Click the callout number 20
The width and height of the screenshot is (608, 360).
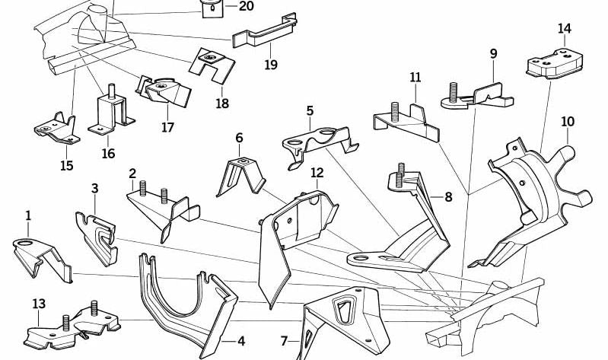pos(225,6)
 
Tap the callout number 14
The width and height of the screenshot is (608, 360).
pos(564,29)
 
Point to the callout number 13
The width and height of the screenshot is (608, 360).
pos(39,304)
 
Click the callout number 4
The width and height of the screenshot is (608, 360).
pos(240,340)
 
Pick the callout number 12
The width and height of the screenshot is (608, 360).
pos(317,173)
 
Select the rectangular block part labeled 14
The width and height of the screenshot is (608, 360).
pos(559,64)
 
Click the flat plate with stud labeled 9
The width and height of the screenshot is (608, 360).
pos(470,97)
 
